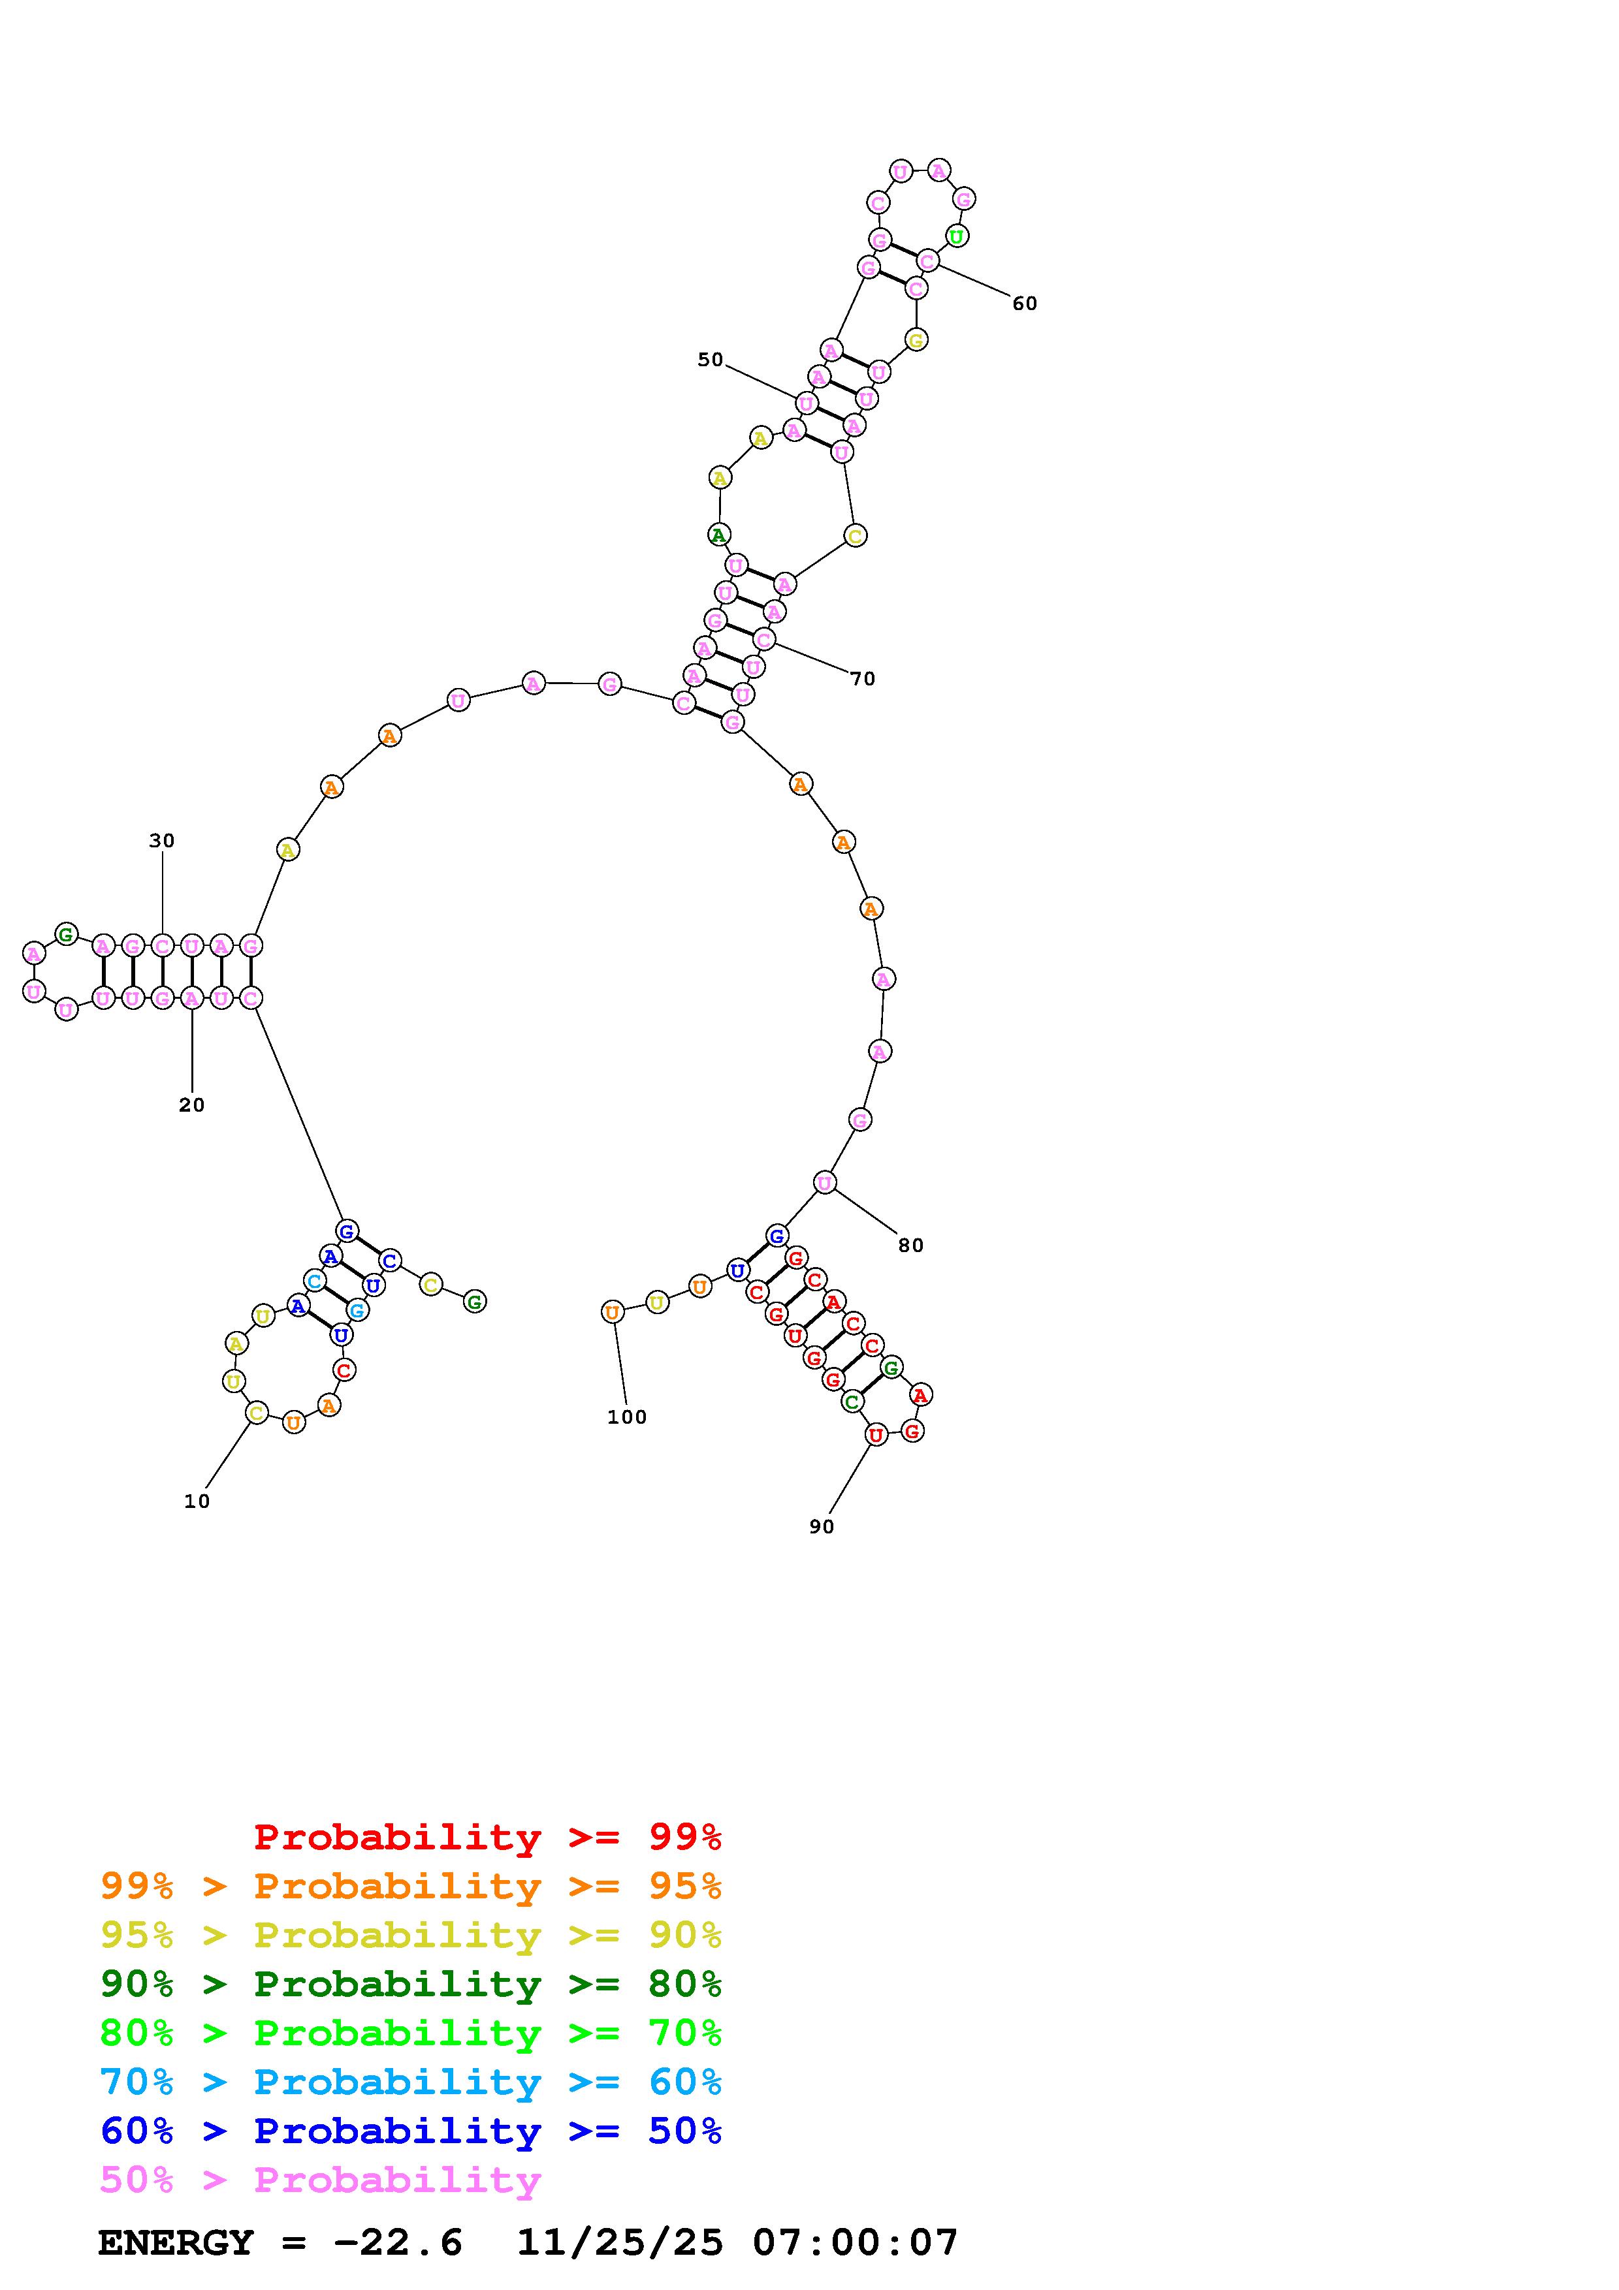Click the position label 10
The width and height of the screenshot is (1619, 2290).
(197, 1501)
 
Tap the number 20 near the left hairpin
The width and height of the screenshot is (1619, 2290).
(191, 1105)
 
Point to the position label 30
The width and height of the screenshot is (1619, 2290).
(161, 841)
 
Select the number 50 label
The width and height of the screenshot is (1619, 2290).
(711, 360)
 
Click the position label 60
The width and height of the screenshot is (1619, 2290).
(1025, 304)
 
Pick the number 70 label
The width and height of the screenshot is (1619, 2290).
(863, 679)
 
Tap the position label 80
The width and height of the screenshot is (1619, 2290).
(911, 1246)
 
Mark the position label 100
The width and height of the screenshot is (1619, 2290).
(626, 1417)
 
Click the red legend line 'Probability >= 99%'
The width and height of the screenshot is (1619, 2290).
(488, 1837)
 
